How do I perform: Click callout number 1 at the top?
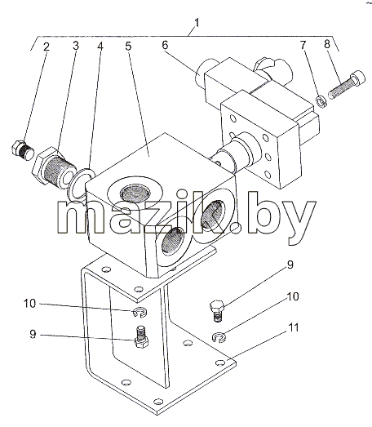(197, 23)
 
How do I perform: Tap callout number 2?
(46, 47)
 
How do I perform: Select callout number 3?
(75, 46)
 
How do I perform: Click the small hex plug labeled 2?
(23, 150)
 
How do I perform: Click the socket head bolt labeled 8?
(347, 84)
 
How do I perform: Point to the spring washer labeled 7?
(322, 101)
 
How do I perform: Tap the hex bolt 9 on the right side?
(217, 311)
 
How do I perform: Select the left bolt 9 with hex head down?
(141, 337)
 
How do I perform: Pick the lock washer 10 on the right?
(219, 337)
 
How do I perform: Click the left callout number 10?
(29, 304)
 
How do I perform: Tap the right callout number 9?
(290, 265)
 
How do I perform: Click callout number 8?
(327, 44)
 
